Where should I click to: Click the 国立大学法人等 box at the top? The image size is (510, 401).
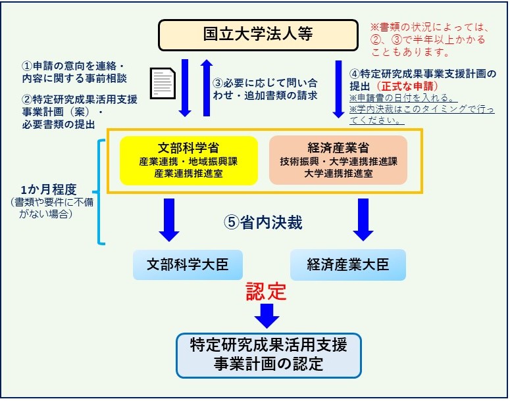(x=258, y=35)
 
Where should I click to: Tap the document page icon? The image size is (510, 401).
(x=163, y=83)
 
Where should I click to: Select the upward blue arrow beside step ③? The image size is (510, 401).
(x=206, y=87)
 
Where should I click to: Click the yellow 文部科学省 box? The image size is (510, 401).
(x=189, y=160)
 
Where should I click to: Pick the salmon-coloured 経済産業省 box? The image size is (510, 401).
(x=338, y=160)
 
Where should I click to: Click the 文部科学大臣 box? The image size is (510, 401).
(x=188, y=265)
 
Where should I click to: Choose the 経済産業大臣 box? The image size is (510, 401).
(x=348, y=265)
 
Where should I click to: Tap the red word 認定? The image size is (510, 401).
(x=266, y=291)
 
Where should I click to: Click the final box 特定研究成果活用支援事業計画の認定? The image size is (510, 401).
(x=268, y=355)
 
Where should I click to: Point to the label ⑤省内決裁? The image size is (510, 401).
(x=263, y=222)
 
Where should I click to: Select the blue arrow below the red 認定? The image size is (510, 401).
(x=267, y=316)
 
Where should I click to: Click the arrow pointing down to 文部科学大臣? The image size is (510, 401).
(x=169, y=220)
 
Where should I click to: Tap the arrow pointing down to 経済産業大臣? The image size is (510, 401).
(x=363, y=220)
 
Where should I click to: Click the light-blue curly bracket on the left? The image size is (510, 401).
(x=98, y=192)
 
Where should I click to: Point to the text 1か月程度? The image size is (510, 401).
(x=49, y=189)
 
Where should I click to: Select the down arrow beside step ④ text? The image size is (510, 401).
(x=338, y=89)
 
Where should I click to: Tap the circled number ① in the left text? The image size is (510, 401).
(x=27, y=66)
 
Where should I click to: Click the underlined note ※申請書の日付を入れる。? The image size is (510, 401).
(x=403, y=98)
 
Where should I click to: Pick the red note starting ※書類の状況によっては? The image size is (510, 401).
(x=430, y=39)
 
